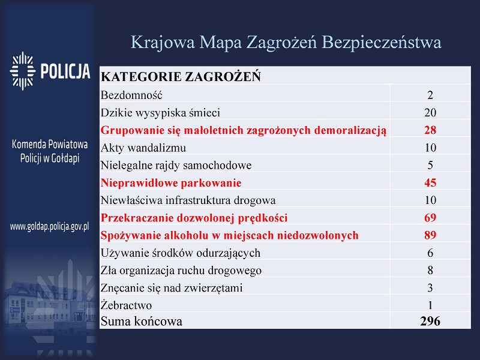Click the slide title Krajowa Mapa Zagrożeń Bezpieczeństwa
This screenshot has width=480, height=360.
(x=286, y=43)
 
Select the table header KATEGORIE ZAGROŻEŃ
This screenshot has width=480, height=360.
(x=181, y=77)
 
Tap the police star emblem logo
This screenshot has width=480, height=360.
(x=22, y=71)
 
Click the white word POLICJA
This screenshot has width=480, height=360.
(x=65, y=71)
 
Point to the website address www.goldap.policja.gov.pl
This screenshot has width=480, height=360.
(x=49, y=227)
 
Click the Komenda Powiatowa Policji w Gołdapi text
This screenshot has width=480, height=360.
(x=50, y=151)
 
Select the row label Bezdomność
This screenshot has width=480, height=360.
(x=131, y=95)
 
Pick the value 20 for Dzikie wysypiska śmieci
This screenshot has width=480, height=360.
(x=430, y=113)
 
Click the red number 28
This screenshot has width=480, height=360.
(x=430, y=130)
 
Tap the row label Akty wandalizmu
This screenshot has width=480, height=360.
(x=143, y=148)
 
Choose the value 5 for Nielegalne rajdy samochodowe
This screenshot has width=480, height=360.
(x=430, y=166)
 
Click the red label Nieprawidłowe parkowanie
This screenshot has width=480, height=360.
(x=171, y=183)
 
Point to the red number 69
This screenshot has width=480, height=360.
(x=430, y=218)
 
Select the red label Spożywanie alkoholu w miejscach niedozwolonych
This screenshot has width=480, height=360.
(x=230, y=235)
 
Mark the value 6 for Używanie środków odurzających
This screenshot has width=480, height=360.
(x=430, y=253)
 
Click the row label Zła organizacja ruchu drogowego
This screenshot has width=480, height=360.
(x=181, y=271)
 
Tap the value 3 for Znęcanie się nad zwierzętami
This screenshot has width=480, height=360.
(x=430, y=288)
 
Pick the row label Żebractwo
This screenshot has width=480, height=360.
(x=126, y=305)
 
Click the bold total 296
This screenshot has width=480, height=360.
(x=430, y=321)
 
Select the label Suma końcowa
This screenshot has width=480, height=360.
(x=142, y=322)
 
